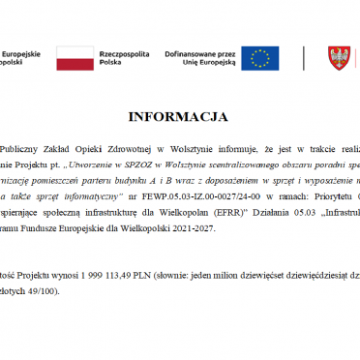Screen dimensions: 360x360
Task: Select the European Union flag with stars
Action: coord(259,58)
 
